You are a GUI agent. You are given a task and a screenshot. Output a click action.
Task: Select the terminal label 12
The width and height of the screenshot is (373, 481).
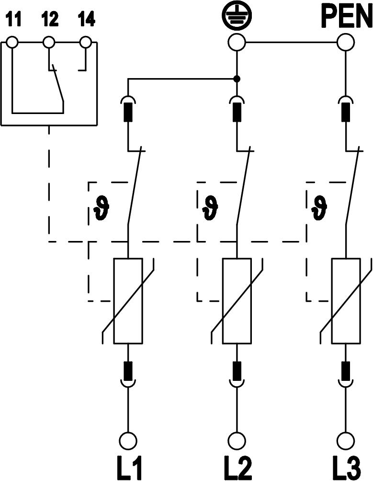[x=50, y=20]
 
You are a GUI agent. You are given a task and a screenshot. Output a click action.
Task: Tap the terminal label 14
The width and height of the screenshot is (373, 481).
[x=86, y=20]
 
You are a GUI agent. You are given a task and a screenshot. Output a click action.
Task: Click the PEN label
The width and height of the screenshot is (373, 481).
[x=346, y=17]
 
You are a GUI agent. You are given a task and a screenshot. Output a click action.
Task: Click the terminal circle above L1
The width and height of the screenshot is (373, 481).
[x=128, y=440]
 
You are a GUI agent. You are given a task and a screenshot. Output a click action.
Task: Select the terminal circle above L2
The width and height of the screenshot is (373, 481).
[x=237, y=440]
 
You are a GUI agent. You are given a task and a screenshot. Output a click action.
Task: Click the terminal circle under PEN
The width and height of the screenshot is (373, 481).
[x=346, y=43]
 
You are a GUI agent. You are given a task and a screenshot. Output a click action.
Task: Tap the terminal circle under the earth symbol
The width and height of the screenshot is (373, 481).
[x=237, y=43]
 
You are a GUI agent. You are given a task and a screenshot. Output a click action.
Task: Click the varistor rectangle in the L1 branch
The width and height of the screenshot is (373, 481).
[x=128, y=301]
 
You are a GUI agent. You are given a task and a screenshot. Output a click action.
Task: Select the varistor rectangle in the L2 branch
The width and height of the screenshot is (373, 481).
[x=237, y=301]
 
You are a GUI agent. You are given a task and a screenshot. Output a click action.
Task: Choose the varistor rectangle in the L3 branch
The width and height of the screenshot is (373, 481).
[x=346, y=301]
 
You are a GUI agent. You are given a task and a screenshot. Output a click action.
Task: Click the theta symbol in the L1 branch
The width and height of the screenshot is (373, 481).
[x=102, y=207]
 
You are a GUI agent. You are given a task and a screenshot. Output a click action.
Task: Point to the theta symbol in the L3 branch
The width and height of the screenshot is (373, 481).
[x=319, y=207]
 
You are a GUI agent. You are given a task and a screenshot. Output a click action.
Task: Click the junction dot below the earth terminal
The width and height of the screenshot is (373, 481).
[x=237, y=79]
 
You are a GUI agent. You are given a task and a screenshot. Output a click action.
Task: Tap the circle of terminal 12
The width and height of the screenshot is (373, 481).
[x=49, y=43]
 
